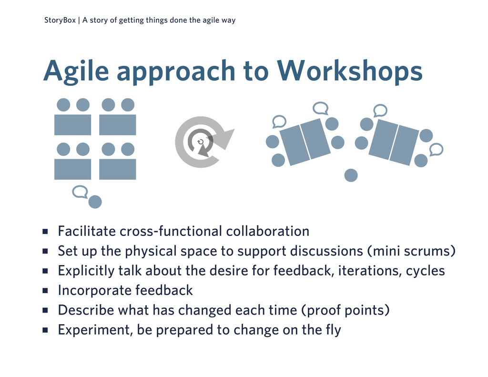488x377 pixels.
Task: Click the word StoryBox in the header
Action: (x=60, y=20)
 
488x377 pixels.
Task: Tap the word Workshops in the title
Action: (x=350, y=71)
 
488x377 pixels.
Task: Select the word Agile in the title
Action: (x=76, y=71)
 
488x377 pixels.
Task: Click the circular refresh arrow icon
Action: (x=203, y=142)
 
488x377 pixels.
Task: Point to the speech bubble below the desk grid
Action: (x=80, y=192)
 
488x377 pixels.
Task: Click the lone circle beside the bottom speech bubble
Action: (x=95, y=202)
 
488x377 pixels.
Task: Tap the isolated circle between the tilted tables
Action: (x=351, y=175)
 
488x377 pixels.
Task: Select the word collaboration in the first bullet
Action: (x=268, y=231)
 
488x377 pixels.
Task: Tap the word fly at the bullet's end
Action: (x=334, y=330)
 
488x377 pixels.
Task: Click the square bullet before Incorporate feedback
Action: (x=45, y=291)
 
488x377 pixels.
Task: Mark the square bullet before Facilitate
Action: (x=45, y=231)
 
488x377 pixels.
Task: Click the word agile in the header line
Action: (x=211, y=20)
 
